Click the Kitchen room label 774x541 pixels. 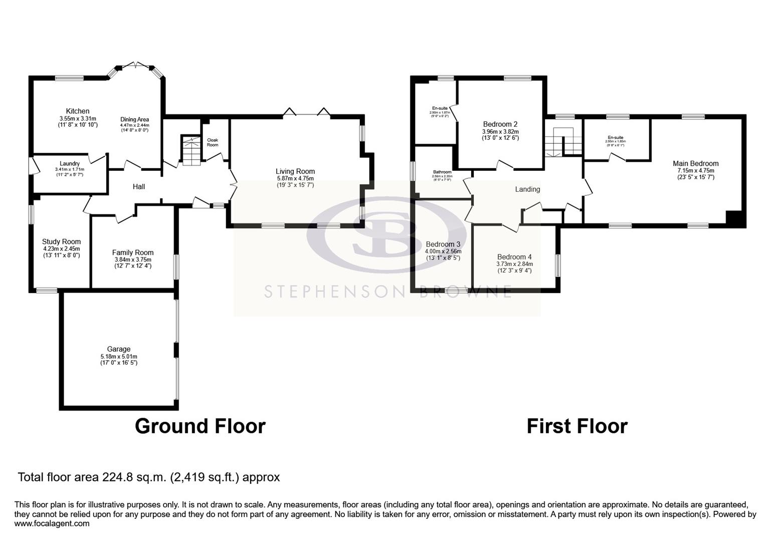[78, 111]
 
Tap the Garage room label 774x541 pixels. [119, 349]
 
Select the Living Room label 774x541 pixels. [295, 171]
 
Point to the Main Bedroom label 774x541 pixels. [695, 163]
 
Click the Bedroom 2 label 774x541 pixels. [500, 124]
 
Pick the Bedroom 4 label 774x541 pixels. [514, 257]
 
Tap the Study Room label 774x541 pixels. [61, 241]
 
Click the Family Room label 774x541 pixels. [133, 252]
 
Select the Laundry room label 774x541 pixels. [70, 163]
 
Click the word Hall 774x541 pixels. [139, 186]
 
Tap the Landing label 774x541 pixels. [527, 189]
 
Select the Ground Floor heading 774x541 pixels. [200, 426]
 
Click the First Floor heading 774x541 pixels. [576, 426]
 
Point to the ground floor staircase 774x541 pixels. [190, 150]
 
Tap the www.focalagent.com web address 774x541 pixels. [52, 523]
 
